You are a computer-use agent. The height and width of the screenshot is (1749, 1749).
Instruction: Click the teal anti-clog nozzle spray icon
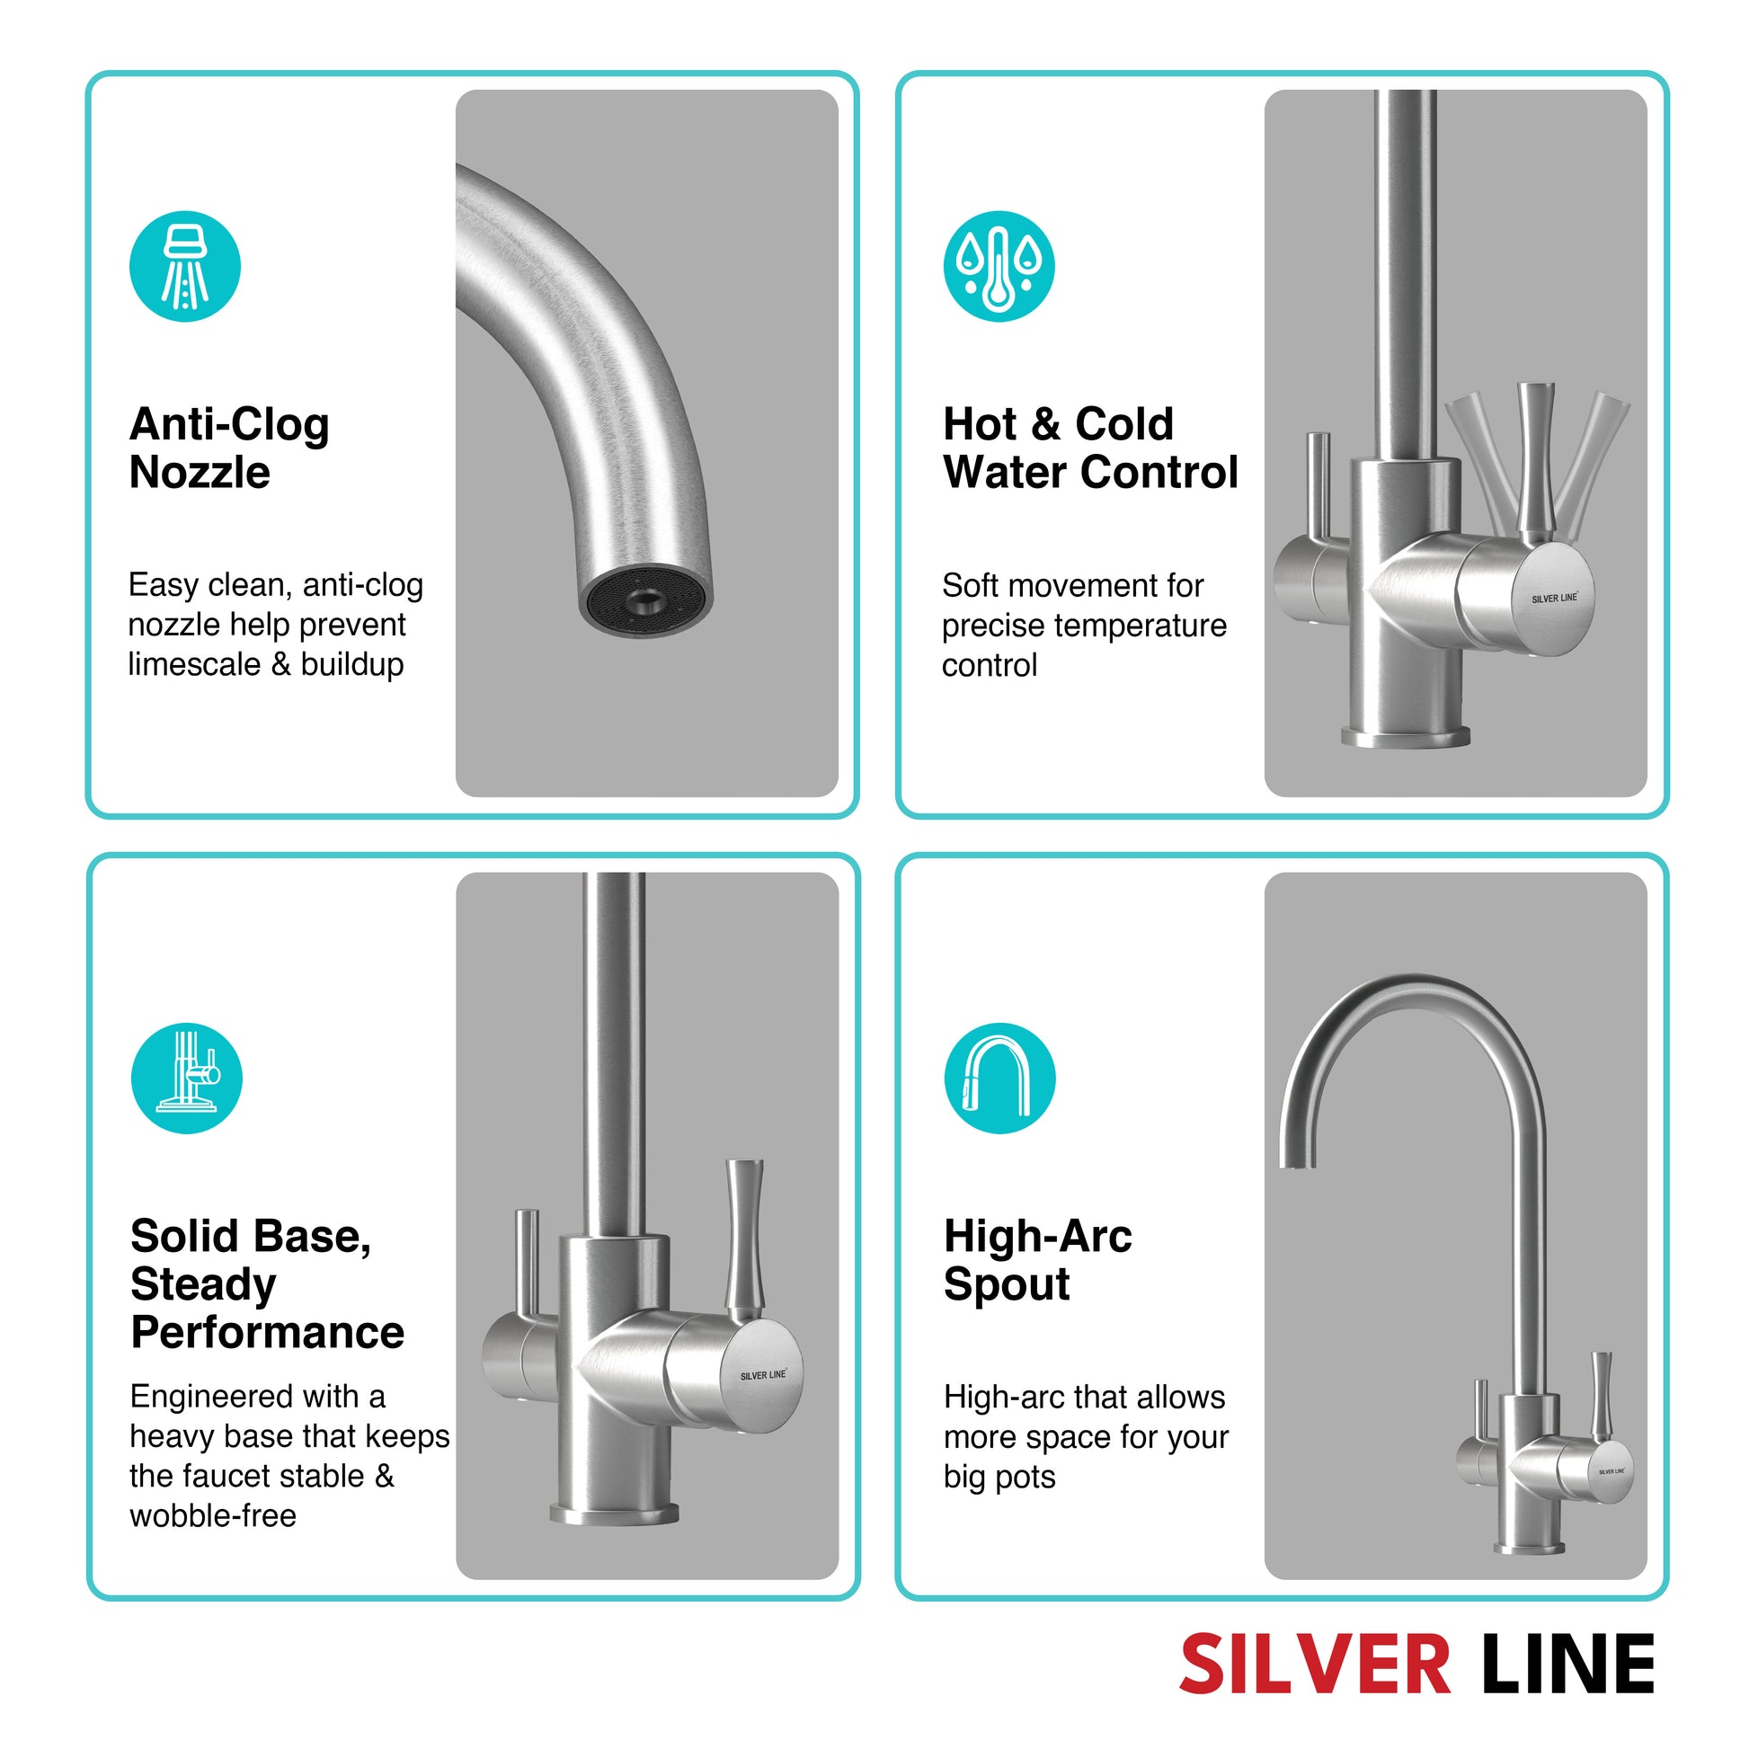coord(184,266)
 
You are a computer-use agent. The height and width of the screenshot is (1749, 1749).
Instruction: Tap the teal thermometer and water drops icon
coord(999,266)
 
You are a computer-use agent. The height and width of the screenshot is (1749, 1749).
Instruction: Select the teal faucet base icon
coord(186,1079)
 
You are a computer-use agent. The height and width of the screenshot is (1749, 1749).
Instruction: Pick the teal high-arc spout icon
coord(999,1079)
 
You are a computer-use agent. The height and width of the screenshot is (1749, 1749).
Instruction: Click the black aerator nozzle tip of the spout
coord(645,601)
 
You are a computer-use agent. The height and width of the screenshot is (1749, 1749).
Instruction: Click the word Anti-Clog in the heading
coord(229,423)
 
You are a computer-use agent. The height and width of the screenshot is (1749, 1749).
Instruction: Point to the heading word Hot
coord(981,423)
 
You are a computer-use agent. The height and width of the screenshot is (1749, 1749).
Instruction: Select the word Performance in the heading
coord(267,1333)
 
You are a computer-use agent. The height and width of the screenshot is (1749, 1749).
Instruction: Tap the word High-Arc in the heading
coord(1037,1236)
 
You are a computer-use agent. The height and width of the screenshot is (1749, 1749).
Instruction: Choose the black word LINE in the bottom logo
coord(1567,1664)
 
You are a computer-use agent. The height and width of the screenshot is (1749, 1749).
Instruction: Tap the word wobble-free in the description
coord(213,1515)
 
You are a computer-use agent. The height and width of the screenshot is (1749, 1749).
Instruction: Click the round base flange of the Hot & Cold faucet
coord(1405,735)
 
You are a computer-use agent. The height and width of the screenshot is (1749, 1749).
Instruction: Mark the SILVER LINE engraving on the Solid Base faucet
coord(763,1376)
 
